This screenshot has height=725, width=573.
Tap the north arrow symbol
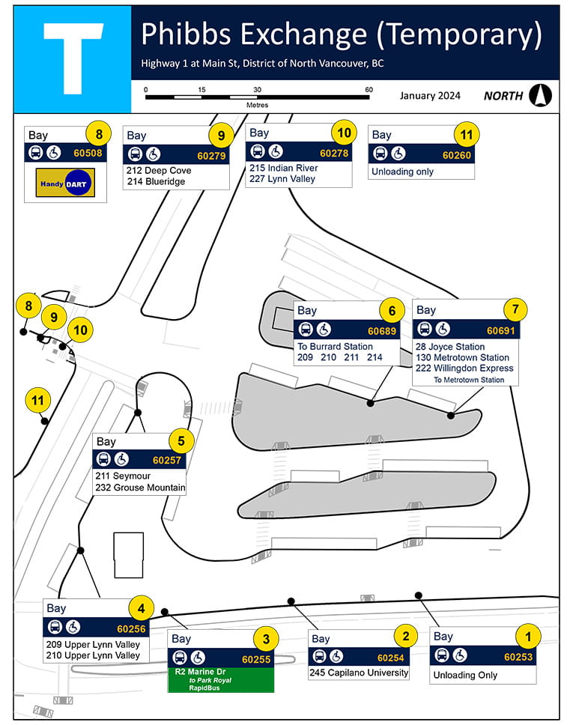click(540, 95)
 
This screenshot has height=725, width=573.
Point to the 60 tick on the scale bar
click(369, 91)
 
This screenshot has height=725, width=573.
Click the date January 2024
click(430, 96)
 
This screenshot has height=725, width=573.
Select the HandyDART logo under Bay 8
click(65, 182)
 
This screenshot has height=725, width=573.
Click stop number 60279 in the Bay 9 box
click(210, 156)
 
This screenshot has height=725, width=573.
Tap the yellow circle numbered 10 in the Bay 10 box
click(343, 133)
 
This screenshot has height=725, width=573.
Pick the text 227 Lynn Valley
click(282, 179)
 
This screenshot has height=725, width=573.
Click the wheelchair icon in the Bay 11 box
click(398, 154)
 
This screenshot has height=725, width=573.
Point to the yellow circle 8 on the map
click(28, 306)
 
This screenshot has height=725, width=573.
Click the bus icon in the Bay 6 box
click(306, 330)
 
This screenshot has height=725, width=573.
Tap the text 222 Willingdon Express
click(464, 368)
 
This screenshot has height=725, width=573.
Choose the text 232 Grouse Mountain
click(140, 488)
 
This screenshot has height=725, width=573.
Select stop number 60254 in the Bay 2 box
click(390, 658)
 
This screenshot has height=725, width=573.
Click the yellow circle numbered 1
click(528, 637)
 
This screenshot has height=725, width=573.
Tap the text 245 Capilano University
click(359, 673)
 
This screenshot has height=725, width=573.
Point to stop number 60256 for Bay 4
click(131, 628)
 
